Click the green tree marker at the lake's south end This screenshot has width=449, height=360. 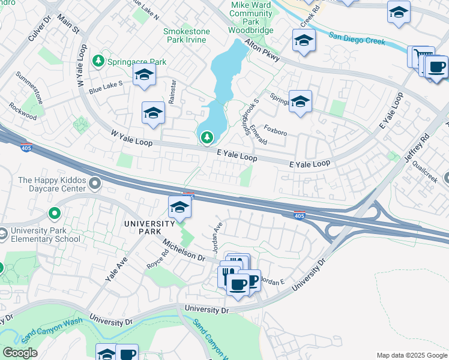click(x=207, y=138)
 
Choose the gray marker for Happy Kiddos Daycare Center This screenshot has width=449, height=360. click(x=94, y=182)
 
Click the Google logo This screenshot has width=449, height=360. click(x=20, y=353)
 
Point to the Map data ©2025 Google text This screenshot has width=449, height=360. click(x=411, y=355)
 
